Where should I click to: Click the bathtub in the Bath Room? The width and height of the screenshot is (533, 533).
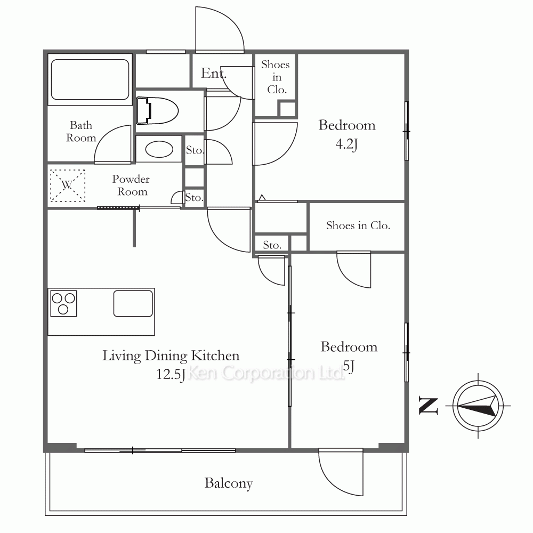90,79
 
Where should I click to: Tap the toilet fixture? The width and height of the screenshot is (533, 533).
157,111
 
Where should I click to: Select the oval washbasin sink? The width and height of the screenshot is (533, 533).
159,149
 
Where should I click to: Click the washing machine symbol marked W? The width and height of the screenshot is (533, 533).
68,185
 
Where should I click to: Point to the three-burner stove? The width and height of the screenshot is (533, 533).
63,303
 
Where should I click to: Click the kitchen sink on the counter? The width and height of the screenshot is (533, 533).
133,303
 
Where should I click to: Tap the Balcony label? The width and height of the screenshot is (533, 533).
229,483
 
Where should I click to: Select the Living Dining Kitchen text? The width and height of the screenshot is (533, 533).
171,356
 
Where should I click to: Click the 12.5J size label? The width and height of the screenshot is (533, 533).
171,375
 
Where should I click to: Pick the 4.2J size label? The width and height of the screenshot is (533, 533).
346,144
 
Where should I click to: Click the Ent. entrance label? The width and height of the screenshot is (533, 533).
214,73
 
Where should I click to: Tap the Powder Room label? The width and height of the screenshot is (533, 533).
131,185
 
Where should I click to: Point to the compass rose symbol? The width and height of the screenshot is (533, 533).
478,406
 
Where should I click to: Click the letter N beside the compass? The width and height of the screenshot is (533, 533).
428,406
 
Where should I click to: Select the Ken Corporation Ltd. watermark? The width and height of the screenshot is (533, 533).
266,373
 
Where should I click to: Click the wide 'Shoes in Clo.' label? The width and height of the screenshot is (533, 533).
358,225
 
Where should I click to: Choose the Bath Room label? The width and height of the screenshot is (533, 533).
81,132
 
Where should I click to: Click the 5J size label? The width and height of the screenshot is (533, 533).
349,367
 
